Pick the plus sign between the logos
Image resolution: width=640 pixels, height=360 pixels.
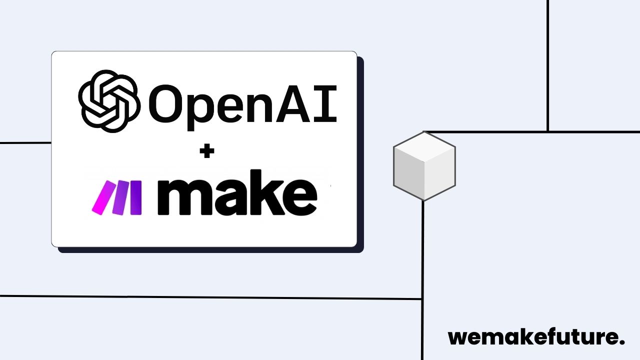tap(206, 152)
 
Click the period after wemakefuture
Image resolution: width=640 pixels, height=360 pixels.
tap(621, 342)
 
